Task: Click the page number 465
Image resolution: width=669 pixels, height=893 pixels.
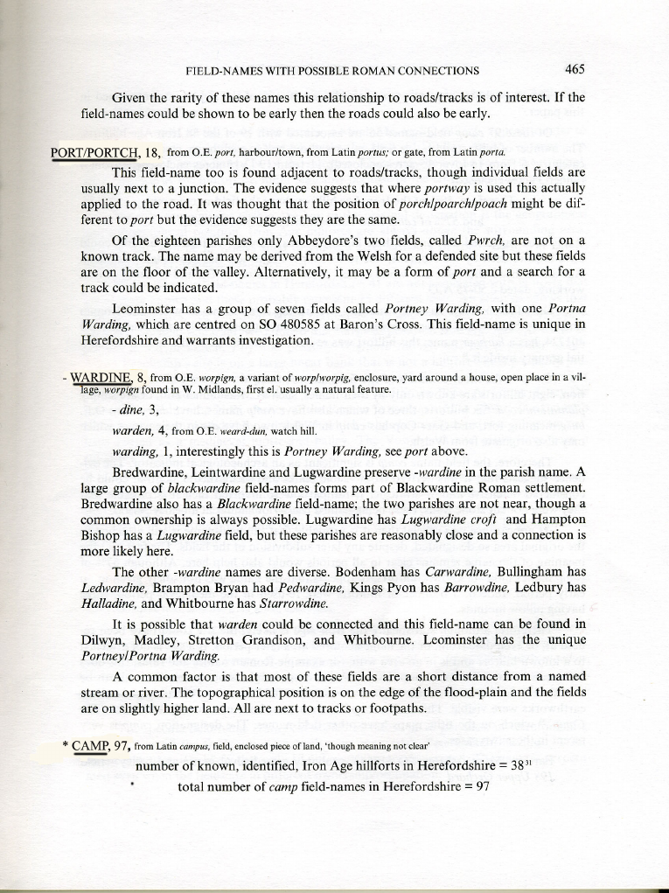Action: [x=575, y=69]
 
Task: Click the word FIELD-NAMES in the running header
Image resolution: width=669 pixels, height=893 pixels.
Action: [x=223, y=71]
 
